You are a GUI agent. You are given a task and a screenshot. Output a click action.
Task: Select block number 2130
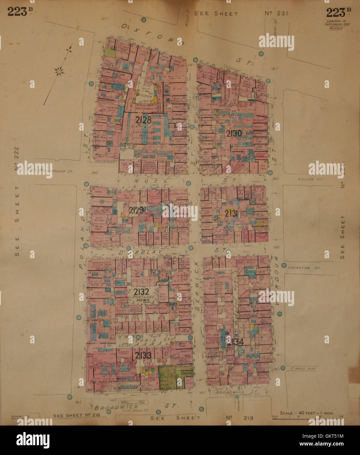[x=234, y=133]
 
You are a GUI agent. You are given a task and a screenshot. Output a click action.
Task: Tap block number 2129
[x=136, y=210]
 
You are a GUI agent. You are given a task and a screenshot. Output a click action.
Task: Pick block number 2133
[x=142, y=355]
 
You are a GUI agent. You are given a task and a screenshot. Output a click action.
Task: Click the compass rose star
[x=59, y=70]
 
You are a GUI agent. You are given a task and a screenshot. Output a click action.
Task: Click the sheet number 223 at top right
[x=336, y=12]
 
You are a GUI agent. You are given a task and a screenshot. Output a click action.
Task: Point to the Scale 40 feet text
[x=307, y=413]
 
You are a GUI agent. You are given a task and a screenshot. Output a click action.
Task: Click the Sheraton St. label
[x=299, y=267]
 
